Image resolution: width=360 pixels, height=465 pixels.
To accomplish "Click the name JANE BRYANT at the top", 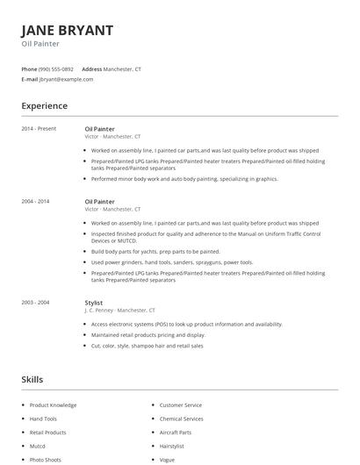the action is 68,31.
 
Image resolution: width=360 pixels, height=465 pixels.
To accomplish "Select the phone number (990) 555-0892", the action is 56,68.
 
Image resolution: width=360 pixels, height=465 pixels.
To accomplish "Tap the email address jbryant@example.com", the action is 66,79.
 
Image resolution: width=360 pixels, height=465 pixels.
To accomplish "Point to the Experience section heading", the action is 44,106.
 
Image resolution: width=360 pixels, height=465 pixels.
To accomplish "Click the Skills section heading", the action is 32,380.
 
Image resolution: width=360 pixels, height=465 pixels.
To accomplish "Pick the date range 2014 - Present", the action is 39,129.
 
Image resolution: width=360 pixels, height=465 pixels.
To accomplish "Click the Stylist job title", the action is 94,303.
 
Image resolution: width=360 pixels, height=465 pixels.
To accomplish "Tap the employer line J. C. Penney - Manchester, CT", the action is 119,311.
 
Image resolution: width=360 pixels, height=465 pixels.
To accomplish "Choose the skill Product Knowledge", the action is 53,405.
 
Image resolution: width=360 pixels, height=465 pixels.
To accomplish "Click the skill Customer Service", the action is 181,405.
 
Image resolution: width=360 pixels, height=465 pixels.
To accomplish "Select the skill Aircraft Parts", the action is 176,433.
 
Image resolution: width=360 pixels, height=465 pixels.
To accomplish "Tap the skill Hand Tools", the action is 44,418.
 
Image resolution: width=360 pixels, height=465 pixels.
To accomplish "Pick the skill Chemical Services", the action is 182,418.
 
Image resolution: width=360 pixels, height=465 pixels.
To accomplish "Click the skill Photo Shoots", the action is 46,460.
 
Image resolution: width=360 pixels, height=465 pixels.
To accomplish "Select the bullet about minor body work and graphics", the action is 184,179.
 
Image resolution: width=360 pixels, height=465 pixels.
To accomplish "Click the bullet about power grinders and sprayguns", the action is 171,262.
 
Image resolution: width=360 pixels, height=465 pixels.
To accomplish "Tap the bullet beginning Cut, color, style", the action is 147,346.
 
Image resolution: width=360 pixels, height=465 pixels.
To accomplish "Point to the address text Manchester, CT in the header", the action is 122,68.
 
